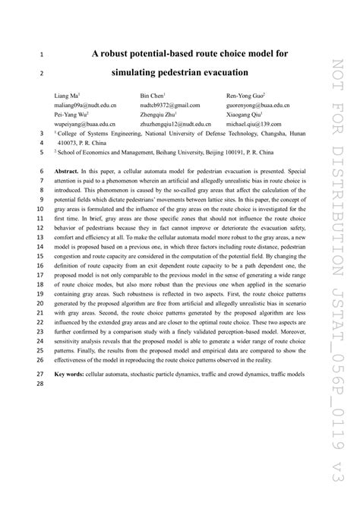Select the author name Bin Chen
pos(153,96)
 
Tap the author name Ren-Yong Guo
pos(244,96)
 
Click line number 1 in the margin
pos(40,55)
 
